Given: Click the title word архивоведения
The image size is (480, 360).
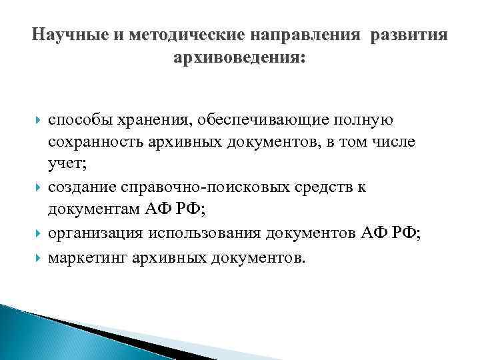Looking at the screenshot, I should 239,59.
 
